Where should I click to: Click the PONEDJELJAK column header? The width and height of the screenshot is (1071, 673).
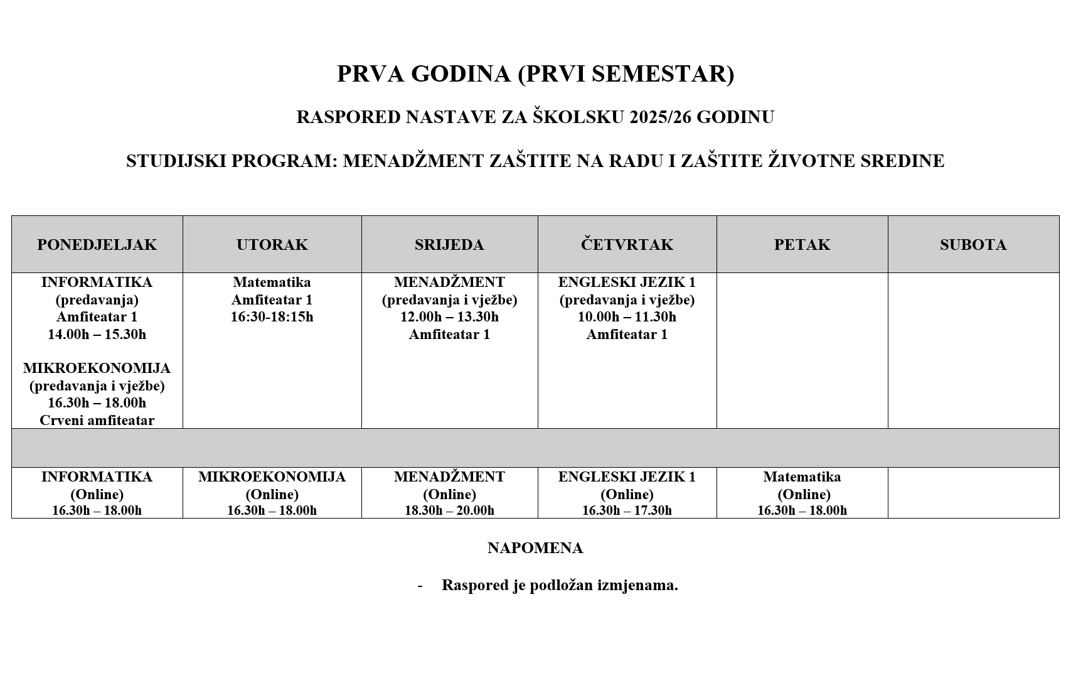[97, 245]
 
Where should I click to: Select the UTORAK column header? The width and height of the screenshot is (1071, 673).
[272, 245]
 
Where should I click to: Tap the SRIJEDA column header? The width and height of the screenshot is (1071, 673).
[449, 245]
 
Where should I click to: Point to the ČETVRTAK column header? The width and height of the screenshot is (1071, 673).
[627, 245]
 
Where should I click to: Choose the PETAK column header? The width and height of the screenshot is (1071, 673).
[802, 245]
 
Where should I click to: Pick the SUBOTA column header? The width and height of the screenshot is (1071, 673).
[972, 245]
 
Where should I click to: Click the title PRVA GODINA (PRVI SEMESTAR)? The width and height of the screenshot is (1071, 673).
[535, 74]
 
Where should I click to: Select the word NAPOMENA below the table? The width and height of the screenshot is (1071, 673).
[535, 548]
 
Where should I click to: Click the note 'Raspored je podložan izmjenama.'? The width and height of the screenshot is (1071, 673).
[560, 585]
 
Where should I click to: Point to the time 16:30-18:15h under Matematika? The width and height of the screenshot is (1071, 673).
[272, 317]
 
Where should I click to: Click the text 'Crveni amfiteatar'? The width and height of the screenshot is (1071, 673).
[97, 420]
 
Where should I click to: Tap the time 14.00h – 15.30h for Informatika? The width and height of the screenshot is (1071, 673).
[97, 334]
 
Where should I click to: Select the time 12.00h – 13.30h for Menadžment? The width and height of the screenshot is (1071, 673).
[449, 317]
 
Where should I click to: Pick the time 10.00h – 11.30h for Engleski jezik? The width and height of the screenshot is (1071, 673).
[627, 317]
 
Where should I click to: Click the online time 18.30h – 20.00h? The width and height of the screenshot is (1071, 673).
[449, 510]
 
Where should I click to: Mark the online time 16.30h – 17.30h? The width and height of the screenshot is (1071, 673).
[627, 510]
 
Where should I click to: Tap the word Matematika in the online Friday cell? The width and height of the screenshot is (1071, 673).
[802, 477]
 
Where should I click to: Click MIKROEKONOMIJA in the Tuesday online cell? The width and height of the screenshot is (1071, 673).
[272, 477]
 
